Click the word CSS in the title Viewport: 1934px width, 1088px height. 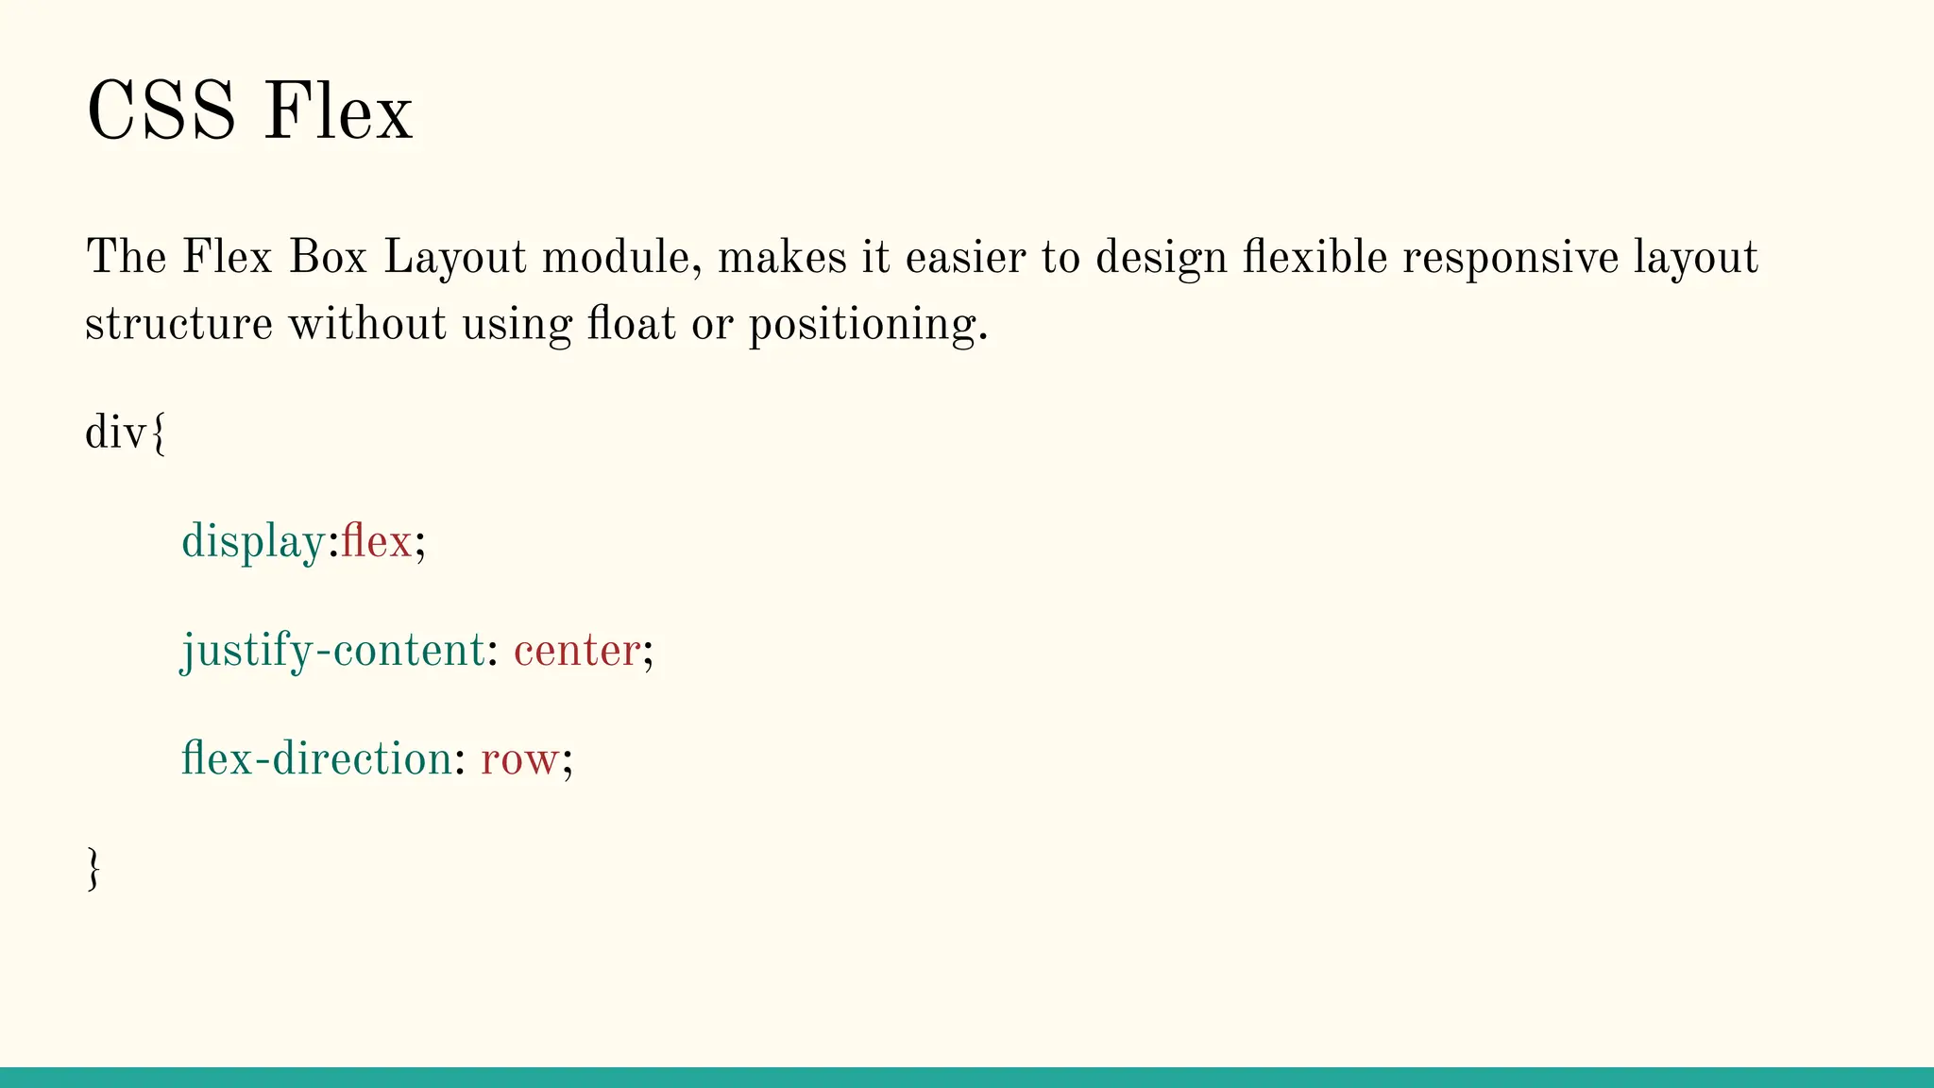click(161, 111)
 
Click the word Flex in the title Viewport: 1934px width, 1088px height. click(337, 111)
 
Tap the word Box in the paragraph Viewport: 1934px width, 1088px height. click(328, 257)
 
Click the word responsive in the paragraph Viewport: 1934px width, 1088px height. click(1510, 257)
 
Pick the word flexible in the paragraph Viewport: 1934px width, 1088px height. click(1315, 257)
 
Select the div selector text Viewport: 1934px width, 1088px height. click(116, 433)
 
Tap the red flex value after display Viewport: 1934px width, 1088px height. click(376, 541)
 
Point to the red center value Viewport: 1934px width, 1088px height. click(577, 651)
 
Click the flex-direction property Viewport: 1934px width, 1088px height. click(316, 758)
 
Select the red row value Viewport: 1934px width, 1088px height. click(518, 759)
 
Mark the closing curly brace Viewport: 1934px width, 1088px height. click(93, 868)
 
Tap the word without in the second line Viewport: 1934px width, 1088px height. click(366, 324)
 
